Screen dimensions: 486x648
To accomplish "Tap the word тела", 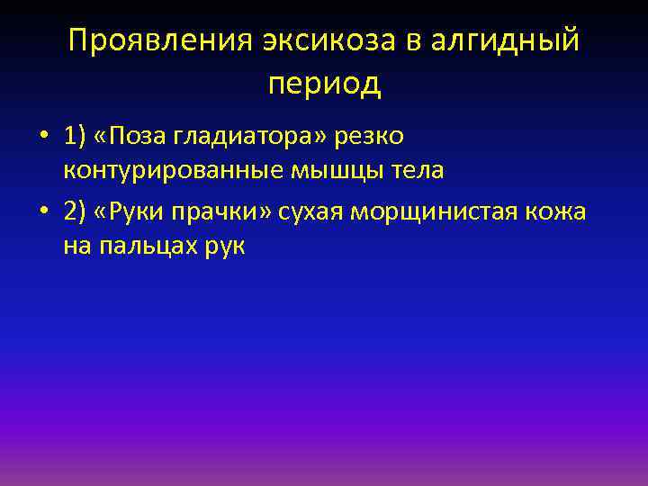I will pos(417,171).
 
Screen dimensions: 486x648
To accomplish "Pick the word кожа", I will pos(559,211).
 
